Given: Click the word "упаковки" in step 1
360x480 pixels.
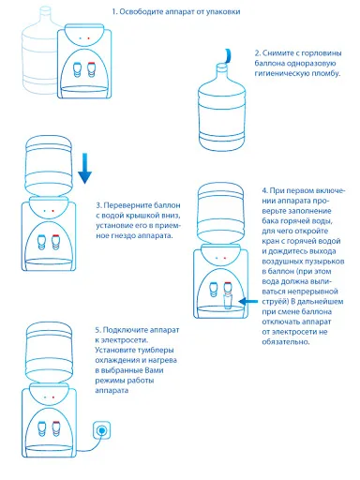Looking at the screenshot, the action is [x=223, y=12].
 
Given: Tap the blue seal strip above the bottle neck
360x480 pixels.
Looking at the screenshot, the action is [x=229, y=56].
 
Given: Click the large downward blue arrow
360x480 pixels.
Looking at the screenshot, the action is [x=84, y=168].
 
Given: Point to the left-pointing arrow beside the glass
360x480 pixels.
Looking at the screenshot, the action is [x=248, y=302].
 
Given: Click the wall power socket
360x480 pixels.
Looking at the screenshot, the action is [x=101, y=430].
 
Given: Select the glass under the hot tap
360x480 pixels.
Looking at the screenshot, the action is [x=228, y=301].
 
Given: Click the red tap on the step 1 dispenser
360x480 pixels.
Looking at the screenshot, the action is [x=91, y=69].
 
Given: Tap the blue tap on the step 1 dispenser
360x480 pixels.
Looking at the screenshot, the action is [x=77, y=69].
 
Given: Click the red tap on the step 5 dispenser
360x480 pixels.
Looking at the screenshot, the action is [x=56, y=428].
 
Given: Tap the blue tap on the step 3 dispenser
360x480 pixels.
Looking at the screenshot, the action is [x=41, y=242].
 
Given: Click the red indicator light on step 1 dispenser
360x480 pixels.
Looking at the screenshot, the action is [x=88, y=38].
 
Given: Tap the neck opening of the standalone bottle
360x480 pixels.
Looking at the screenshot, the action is [x=221, y=66].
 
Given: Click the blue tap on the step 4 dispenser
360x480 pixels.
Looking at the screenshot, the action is [x=214, y=290].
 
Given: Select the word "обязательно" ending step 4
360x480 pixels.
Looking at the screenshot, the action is [x=286, y=342].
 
